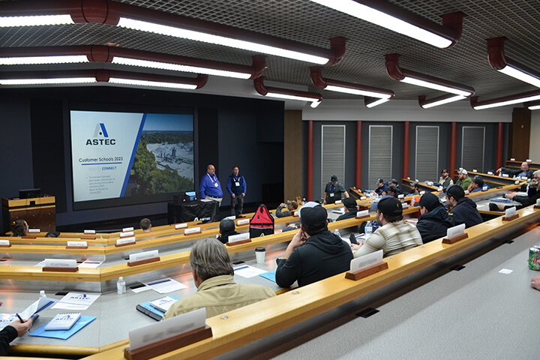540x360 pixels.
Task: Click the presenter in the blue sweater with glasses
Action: click(211, 185)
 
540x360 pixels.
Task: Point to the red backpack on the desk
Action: click(262, 221)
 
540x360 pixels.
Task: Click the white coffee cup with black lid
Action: click(260, 255)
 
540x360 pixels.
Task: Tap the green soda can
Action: click(534, 257)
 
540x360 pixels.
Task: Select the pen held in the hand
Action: click(20, 318)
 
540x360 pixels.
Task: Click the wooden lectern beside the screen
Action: click(30, 212)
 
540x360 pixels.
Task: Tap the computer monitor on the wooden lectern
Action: click(30, 193)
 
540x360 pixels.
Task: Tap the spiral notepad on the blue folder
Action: click(63, 321)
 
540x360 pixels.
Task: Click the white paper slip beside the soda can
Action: click(505, 271)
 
